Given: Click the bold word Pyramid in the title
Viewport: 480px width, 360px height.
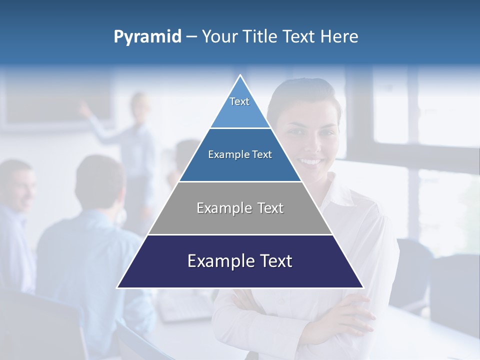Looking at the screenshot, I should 147,37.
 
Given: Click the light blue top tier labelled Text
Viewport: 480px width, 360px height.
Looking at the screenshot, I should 239,107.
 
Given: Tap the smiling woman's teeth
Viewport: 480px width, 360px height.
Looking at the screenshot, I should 311,161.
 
